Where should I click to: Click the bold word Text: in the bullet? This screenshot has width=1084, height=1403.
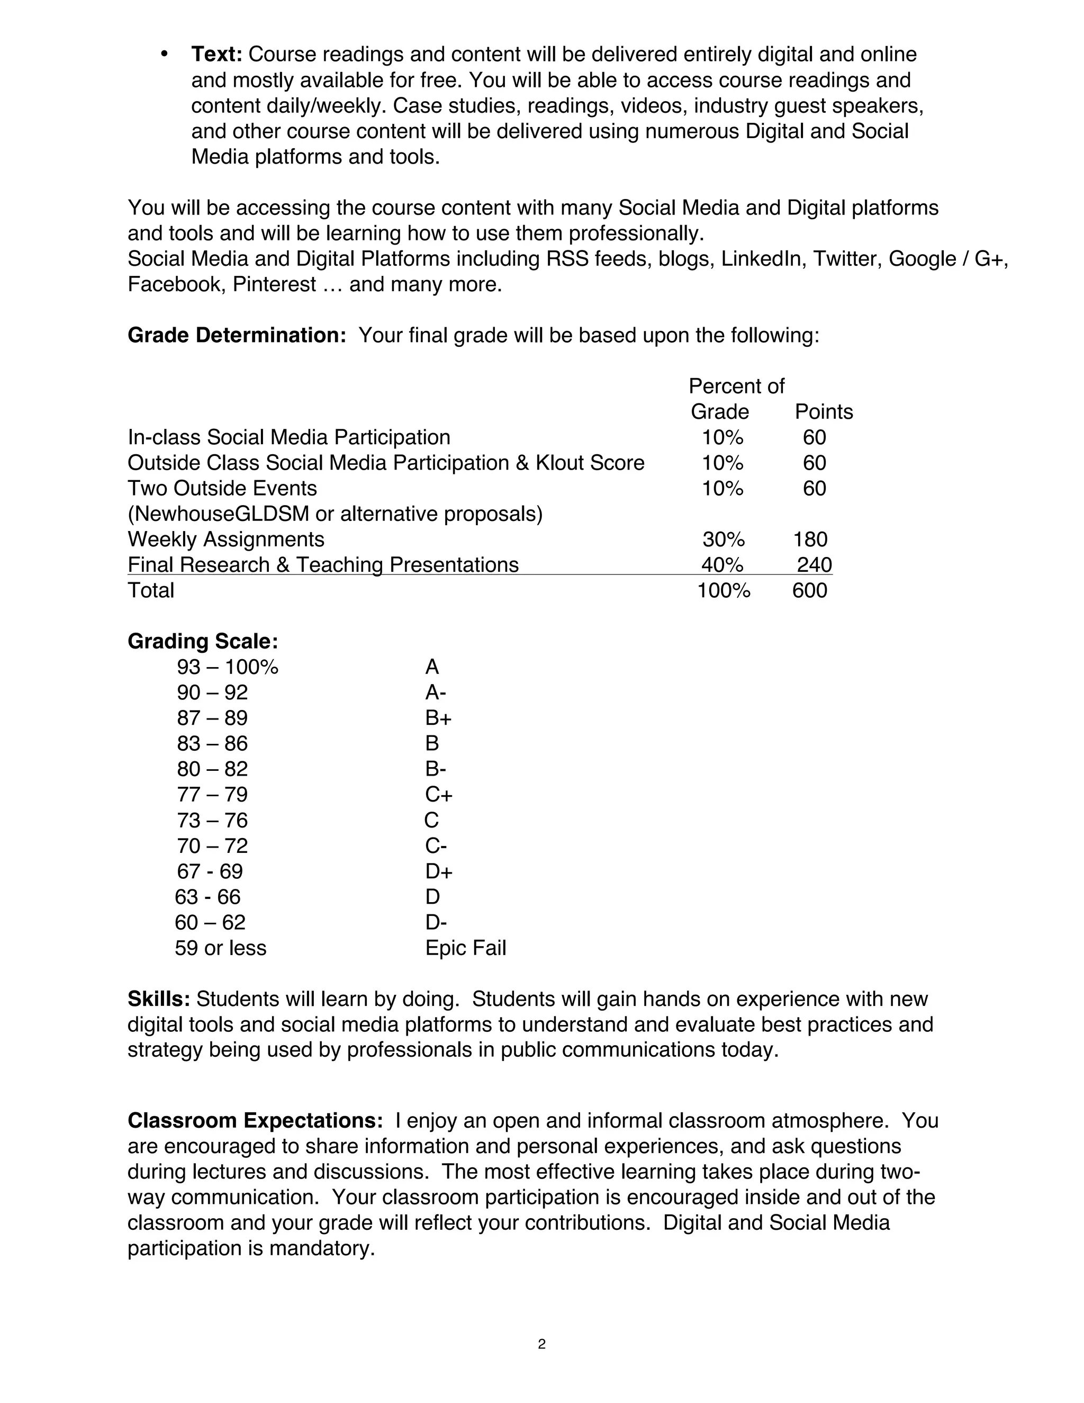(x=216, y=55)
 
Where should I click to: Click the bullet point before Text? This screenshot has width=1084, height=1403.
(x=165, y=55)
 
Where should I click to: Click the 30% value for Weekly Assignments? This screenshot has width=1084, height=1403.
(x=723, y=539)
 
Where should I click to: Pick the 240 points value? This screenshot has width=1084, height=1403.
(x=814, y=565)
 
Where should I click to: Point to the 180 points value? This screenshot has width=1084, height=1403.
(x=810, y=539)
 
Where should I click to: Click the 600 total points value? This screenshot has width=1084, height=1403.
(x=809, y=590)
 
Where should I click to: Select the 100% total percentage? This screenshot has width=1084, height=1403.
(x=723, y=590)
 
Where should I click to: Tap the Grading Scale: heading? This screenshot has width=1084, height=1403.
(x=203, y=641)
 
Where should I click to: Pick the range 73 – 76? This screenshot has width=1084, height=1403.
(x=212, y=820)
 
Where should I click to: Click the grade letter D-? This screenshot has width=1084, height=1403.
(x=436, y=922)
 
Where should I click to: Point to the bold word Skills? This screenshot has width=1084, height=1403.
(x=159, y=1000)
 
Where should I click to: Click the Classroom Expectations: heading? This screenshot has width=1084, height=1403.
(x=255, y=1121)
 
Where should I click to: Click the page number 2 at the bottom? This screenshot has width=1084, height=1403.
(x=541, y=1344)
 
